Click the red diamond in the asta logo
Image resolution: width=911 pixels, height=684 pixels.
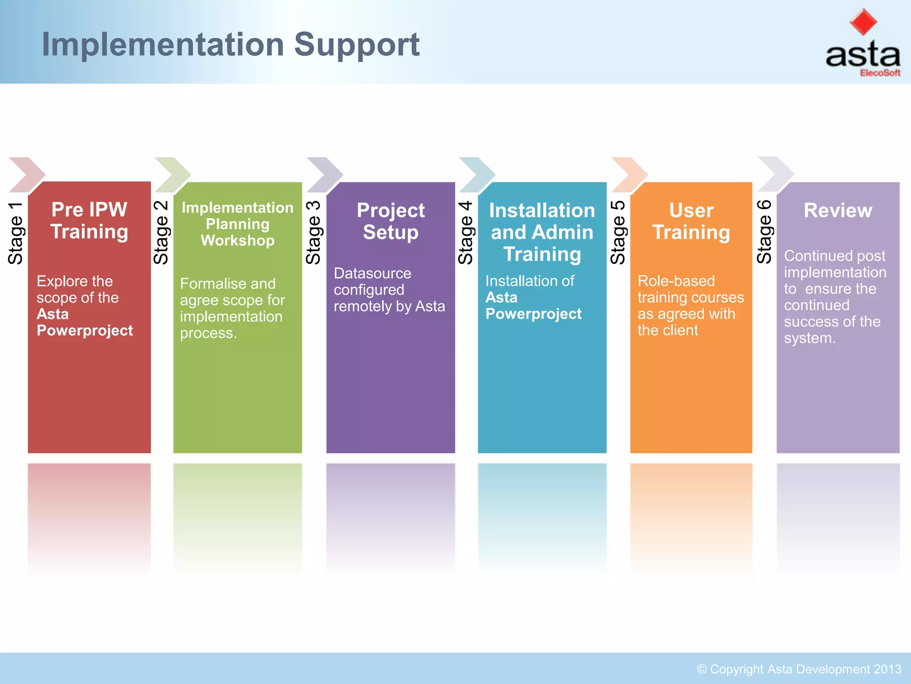pos(863,22)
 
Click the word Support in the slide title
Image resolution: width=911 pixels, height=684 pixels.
pos(357,45)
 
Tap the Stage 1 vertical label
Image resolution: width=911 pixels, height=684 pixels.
pos(16,233)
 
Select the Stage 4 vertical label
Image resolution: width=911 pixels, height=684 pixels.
pos(466,233)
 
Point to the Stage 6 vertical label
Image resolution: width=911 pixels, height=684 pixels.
pos(764,232)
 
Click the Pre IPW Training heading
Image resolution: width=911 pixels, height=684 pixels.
pos(89,221)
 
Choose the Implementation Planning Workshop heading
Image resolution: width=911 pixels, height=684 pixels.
pos(238,224)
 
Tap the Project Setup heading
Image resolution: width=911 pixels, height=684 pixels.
pos(391,221)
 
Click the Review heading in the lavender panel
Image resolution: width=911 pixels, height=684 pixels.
pos(838,211)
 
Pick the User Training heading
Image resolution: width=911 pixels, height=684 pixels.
pos(691,221)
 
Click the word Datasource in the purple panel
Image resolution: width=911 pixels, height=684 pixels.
pos(372,273)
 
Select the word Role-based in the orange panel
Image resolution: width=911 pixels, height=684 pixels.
pos(676,281)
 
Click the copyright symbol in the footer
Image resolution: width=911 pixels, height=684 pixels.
pos(701,669)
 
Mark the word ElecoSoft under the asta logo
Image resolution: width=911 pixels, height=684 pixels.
pos(880,73)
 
